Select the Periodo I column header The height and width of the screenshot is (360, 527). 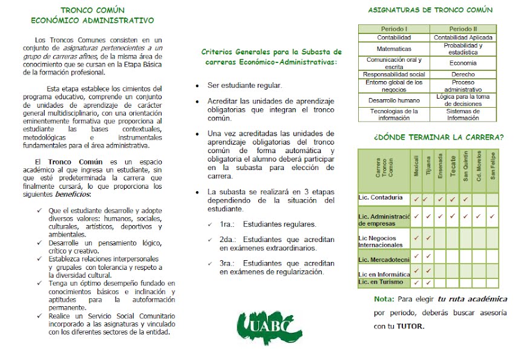pyautogui.click(x=393, y=29)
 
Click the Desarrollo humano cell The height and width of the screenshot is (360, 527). pyautogui.click(x=393, y=100)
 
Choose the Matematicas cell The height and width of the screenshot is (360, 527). pyautogui.click(x=393, y=48)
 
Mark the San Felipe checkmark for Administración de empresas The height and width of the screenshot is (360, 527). pyautogui.click(x=492, y=216)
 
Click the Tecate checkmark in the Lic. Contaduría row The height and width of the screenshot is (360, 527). pyautogui.click(x=453, y=198)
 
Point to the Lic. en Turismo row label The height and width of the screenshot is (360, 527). pyautogui.click(x=381, y=283)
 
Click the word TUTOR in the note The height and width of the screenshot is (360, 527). pyautogui.click(x=411, y=327)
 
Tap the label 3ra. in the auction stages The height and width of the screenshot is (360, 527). pyautogui.click(x=228, y=263)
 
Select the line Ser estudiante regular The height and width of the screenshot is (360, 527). pyautogui.click(x=245, y=85)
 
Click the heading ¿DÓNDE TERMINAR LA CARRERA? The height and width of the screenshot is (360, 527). pyautogui.click(x=439, y=137)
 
